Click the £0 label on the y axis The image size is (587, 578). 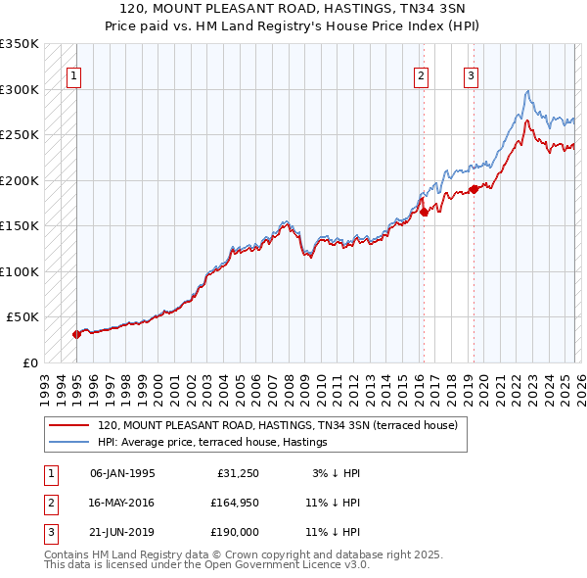point(29,362)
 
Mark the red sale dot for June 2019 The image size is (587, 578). point(474,189)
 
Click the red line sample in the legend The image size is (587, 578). point(69,426)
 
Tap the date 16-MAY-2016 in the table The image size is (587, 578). point(122,503)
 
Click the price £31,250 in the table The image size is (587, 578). point(236,473)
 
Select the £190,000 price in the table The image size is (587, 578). point(233,532)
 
